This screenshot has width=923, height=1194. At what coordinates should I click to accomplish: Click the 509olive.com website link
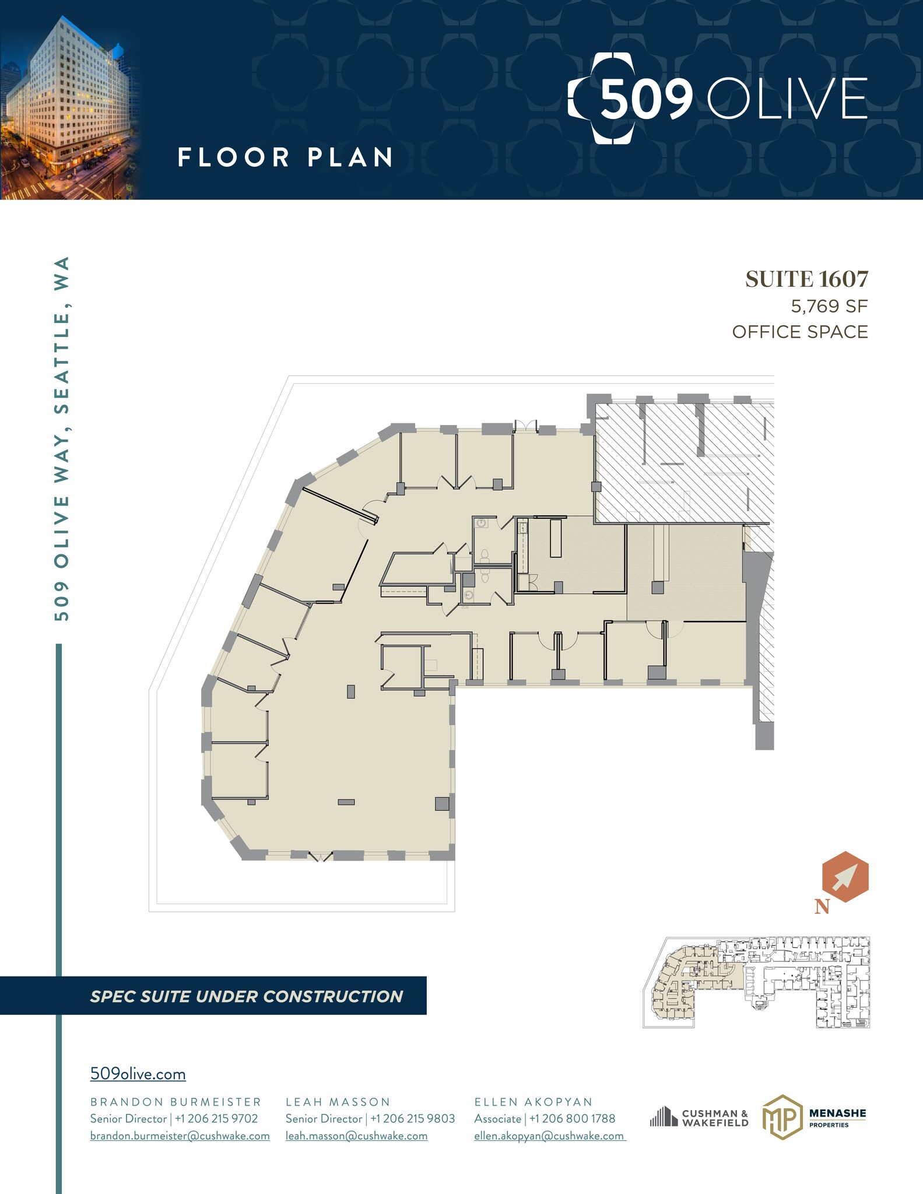tap(138, 1074)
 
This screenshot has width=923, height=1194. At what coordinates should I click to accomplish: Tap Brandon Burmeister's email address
tap(180, 1136)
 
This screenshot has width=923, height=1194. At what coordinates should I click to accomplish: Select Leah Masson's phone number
tap(412, 1118)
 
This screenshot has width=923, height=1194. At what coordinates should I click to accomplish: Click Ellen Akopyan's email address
tap(549, 1136)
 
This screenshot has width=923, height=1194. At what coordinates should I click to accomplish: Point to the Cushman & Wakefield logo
tap(699, 1118)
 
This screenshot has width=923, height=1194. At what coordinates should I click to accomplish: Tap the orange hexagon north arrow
tap(845, 877)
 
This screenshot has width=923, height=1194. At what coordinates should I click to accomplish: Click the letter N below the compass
tap(822, 907)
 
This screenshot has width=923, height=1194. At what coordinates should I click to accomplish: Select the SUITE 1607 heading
tap(806, 279)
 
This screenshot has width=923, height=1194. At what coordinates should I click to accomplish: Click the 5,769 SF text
tap(829, 306)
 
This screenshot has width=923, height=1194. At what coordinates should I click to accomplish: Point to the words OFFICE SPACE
tap(800, 332)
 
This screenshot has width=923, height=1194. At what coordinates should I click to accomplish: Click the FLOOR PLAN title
tap(285, 157)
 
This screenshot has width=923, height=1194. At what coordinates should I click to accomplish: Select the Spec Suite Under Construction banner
tap(246, 996)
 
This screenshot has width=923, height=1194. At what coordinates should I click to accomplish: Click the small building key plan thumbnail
tap(756, 982)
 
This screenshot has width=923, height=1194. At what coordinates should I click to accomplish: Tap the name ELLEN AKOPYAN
tap(534, 1102)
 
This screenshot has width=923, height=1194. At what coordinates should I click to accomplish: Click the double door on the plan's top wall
tap(525, 427)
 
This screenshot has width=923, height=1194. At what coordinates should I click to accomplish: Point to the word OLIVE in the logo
tap(787, 99)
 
